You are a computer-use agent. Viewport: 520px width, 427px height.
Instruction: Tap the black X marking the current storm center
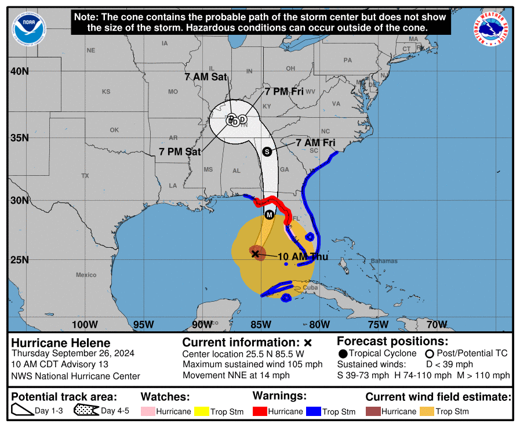pos(255,254)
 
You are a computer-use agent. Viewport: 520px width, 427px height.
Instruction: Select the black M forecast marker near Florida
pos(269,215)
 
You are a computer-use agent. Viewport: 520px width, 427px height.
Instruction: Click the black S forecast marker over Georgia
pos(267,151)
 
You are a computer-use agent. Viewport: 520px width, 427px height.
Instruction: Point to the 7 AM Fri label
pos(315,143)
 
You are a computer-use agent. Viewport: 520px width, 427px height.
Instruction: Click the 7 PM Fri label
pos(284,91)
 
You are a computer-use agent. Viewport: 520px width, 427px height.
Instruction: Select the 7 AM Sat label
pos(206,77)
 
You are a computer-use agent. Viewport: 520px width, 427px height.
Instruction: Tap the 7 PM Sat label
pos(180,152)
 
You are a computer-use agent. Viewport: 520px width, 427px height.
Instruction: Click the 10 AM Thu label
pos(303,256)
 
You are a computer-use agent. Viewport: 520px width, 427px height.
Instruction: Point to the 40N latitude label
pos(19,71)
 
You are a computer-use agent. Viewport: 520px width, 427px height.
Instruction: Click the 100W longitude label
pos(85,324)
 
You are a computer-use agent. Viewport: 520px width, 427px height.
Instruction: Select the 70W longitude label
pos(437,324)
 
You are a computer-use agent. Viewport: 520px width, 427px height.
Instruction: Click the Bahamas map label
pos(384,261)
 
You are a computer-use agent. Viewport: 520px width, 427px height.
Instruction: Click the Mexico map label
pos(86,274)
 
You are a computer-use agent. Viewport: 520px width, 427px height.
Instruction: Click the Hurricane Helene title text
pos(61,343)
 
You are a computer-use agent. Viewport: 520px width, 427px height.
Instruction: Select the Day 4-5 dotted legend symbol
pos(86,411)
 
